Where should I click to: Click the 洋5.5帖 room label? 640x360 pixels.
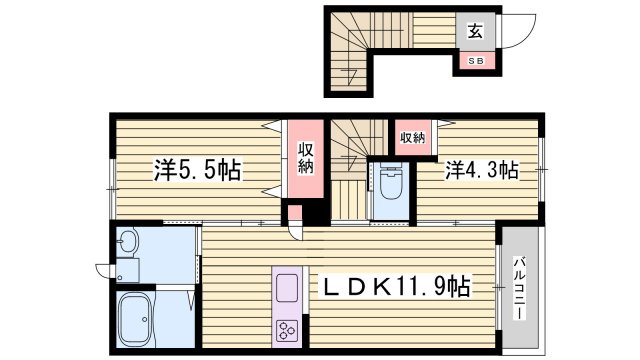(x=197, y=169)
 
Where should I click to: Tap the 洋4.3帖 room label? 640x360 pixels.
(x=482, y=170)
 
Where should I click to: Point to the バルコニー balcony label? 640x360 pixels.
(x=520, y=287)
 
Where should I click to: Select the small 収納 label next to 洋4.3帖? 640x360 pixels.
(x=412, y=137)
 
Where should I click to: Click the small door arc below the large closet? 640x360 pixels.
(x=297, y=231)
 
